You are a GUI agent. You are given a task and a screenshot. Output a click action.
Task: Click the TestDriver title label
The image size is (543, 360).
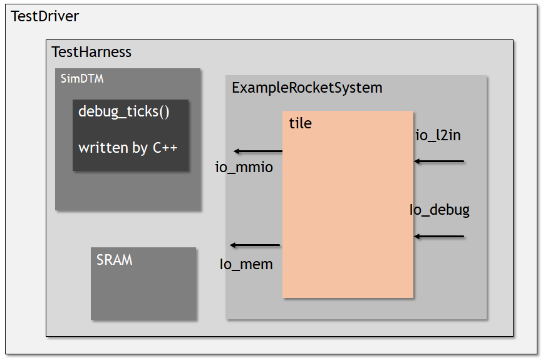tap(45, 17)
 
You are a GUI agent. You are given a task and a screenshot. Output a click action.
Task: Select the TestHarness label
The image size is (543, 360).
tap(91, 52)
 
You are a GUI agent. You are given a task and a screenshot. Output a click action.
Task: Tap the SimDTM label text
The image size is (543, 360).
tap(81, 79)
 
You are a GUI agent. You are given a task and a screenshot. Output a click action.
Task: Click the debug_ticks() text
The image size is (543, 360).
tap(124, 112)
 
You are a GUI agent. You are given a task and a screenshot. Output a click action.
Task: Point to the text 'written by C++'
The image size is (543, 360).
tap(128, 148)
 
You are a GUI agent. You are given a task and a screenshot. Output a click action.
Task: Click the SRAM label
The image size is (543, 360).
tap(114, 260)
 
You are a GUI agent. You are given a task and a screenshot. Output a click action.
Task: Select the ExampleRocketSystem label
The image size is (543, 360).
tap(307, 88)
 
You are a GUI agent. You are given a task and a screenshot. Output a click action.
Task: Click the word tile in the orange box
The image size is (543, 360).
tap(300, 123)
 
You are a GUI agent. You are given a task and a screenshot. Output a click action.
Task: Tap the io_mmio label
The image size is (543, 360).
tap(244, 168)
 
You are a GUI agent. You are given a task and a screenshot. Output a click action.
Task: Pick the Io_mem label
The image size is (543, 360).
tap(246, 264)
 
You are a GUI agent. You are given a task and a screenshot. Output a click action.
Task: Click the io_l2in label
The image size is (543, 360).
tap(438, 135)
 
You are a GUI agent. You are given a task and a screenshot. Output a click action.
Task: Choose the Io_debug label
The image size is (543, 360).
tap(439, 210)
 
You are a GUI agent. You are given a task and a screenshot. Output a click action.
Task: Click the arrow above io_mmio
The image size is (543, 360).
tap(258, 152)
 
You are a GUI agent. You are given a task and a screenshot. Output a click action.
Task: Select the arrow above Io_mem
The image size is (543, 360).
tap(255, 245)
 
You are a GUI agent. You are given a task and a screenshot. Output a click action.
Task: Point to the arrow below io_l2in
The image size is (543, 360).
tap(439, 162)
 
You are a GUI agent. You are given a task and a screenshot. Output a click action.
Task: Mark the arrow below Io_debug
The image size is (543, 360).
tap(439, 237)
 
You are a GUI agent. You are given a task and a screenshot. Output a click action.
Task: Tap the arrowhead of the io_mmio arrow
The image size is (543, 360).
tap(237, 152)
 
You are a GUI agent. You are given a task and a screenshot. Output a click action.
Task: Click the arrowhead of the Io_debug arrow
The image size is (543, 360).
tap(417, 237)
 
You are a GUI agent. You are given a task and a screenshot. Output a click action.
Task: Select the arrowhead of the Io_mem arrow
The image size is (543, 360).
tap(234, 245)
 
